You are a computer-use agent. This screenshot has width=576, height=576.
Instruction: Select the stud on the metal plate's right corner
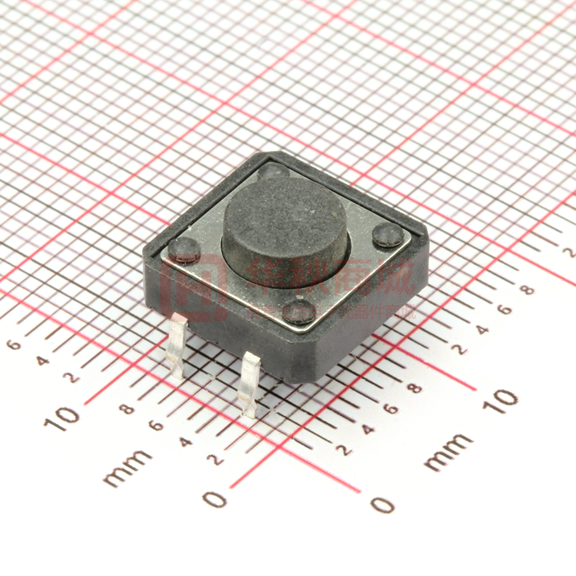(388, 235)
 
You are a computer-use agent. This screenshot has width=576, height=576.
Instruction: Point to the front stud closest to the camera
(299, 311)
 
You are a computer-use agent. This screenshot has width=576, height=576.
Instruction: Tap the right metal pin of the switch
(249, 383)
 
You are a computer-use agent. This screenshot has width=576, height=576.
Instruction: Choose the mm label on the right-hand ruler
(448, 452)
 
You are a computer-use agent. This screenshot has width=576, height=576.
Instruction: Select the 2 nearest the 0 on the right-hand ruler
(344, 451)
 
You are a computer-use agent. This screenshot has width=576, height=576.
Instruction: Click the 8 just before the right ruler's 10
(417, 388)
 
